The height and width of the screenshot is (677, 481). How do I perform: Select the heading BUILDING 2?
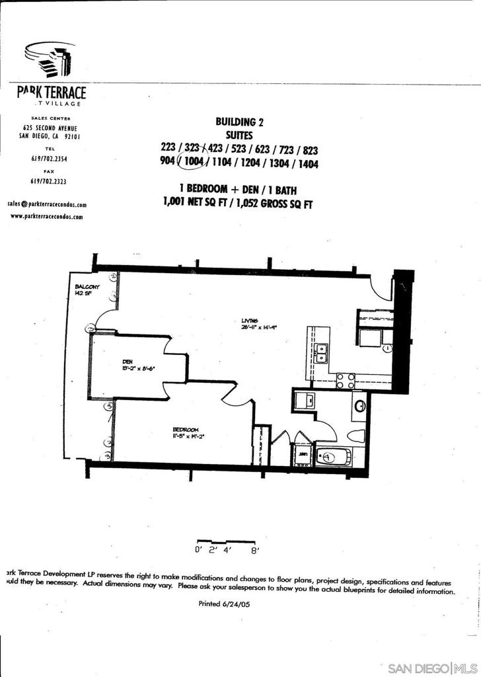[235, 122]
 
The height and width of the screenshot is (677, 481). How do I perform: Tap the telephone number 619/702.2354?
[49, 159]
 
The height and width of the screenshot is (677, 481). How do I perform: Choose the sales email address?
[47, 205]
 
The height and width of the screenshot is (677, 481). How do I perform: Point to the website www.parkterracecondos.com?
[47, 216]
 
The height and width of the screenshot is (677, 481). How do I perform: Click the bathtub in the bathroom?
[334, 456]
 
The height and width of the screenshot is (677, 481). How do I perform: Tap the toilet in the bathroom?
[357, 436]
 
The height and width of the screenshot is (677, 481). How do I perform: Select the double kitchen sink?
[322, 354]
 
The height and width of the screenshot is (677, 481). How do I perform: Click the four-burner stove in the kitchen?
[346, 380]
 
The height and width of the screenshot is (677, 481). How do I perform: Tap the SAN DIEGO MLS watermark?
[431, 667]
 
